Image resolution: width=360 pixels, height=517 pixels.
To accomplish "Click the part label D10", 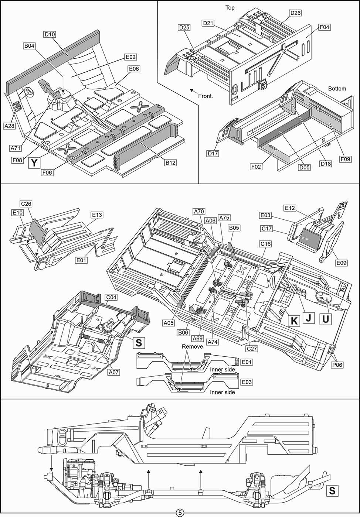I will [x=50, y=34].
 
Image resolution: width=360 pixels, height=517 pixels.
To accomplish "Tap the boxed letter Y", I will [x=34, y=163].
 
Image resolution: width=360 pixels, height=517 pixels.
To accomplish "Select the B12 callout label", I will [x=170, y=162].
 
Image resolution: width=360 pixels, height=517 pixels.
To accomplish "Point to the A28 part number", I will [x=10, y=126].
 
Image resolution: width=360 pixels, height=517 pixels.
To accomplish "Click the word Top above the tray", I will [x=230, y=8].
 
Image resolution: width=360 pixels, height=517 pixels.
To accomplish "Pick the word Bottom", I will [x=337, y=89].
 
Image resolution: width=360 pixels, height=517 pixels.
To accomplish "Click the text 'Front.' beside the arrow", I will [x=206, y=96].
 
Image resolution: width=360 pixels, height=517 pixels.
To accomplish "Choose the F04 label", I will [x=324, y=27].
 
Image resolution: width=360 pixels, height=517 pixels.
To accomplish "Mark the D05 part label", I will [x=305, y=167].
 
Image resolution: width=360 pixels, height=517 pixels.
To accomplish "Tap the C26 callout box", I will [x=26, y=204].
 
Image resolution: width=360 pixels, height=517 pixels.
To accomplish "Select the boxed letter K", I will [x=294, y=321].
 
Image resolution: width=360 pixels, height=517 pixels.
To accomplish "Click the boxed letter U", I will [x=326, y=319].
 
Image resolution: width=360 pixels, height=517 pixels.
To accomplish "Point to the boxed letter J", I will [x=309, y=318].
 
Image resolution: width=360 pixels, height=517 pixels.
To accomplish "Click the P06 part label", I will [x=337, y=365].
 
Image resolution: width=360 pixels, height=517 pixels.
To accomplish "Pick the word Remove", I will [x=192, y=347].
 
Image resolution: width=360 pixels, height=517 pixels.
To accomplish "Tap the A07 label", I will [x=113, y=372].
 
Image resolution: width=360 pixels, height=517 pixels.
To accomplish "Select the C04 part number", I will [x=111, y=297].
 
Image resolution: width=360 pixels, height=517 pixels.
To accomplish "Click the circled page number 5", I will [x=180, y=513].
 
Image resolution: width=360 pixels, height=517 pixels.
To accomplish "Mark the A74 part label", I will [x=213, y=342].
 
